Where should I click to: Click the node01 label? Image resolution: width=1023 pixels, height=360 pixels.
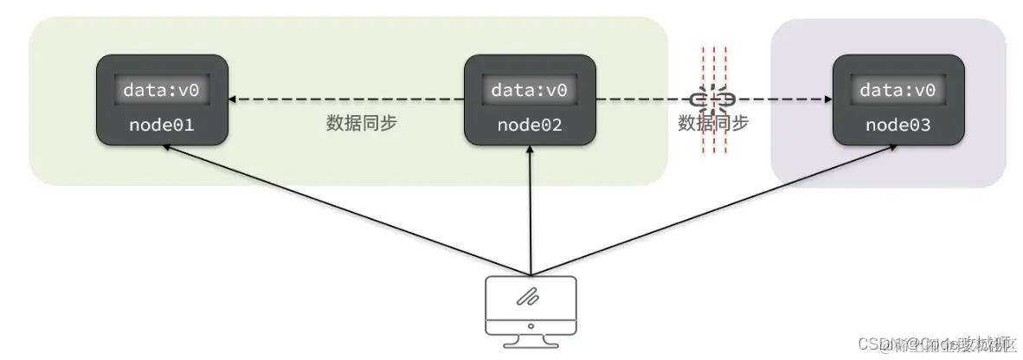(162, 126)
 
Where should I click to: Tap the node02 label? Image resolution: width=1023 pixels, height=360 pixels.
(530, 126)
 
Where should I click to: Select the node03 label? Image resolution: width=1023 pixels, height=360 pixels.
(898, 126)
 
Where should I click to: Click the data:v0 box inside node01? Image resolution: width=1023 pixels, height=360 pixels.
(162, 90)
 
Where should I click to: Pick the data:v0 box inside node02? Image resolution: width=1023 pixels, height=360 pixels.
(530, 90)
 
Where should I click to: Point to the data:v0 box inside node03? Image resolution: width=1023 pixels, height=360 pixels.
(898, 90)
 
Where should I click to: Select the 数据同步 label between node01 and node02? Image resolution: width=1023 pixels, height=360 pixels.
(361, 123)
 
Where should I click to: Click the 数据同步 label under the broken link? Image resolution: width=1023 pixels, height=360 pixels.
(713, 124)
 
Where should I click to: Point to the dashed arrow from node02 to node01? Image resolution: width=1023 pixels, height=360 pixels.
(346, 100)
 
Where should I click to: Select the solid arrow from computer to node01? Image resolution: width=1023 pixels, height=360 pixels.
(346, 209)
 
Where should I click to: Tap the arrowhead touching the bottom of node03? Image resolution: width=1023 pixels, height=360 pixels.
(892, 148)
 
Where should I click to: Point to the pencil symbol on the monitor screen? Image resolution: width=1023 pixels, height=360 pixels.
(529, 297)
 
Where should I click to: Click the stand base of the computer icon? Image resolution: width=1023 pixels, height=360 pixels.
(530, 339)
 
